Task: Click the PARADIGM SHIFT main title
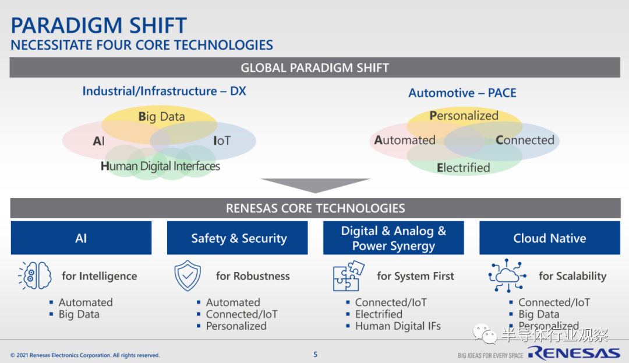click(x=98, y=25)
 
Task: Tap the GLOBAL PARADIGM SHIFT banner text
click(x=315, y=68)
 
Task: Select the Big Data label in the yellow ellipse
click(x=162, y=117)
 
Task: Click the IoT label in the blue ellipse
click(x=222, y=141)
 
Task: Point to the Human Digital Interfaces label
click(x=160, y=166)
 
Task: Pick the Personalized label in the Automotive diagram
click(x=464, y=116)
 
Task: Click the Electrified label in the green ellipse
click(x=464, y=167)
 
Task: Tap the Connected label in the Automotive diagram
click(x=525, y=140)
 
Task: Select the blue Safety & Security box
click(x=238, y=238)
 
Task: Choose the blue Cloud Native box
click(x=550, y=238)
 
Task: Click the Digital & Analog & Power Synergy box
click(x=394, y=238)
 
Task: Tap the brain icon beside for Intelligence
click(x=35, y=275)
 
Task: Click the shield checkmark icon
click(x=188, y=275)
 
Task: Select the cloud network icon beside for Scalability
click(x=507, y=275)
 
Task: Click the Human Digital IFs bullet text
click(x=398, y=326)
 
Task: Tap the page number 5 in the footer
click(x=315, y=355)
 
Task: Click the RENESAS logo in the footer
click(x=574, y=353)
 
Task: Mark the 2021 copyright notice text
click(x=85, y=355)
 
